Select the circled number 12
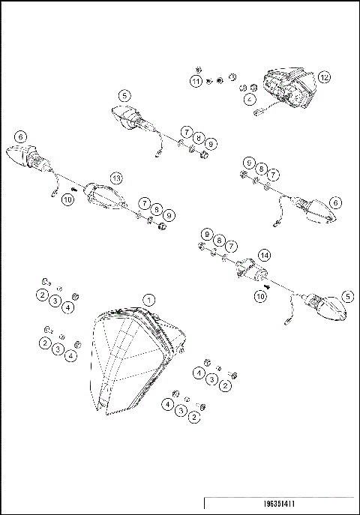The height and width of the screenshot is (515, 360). point(323,77)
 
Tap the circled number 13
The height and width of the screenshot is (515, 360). point(115,178)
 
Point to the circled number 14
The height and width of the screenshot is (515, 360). point(264,255)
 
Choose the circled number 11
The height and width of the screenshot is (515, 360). point(196,81)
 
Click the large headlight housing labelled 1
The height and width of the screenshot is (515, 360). point(135,360)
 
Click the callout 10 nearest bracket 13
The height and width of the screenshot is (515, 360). point(67,200)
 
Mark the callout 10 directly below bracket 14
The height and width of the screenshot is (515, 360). point(260,297)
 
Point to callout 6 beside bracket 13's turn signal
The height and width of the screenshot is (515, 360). point(20,136)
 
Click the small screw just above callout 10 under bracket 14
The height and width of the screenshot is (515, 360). point(266,286)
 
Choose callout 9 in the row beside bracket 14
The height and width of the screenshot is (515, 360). point(206,235)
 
